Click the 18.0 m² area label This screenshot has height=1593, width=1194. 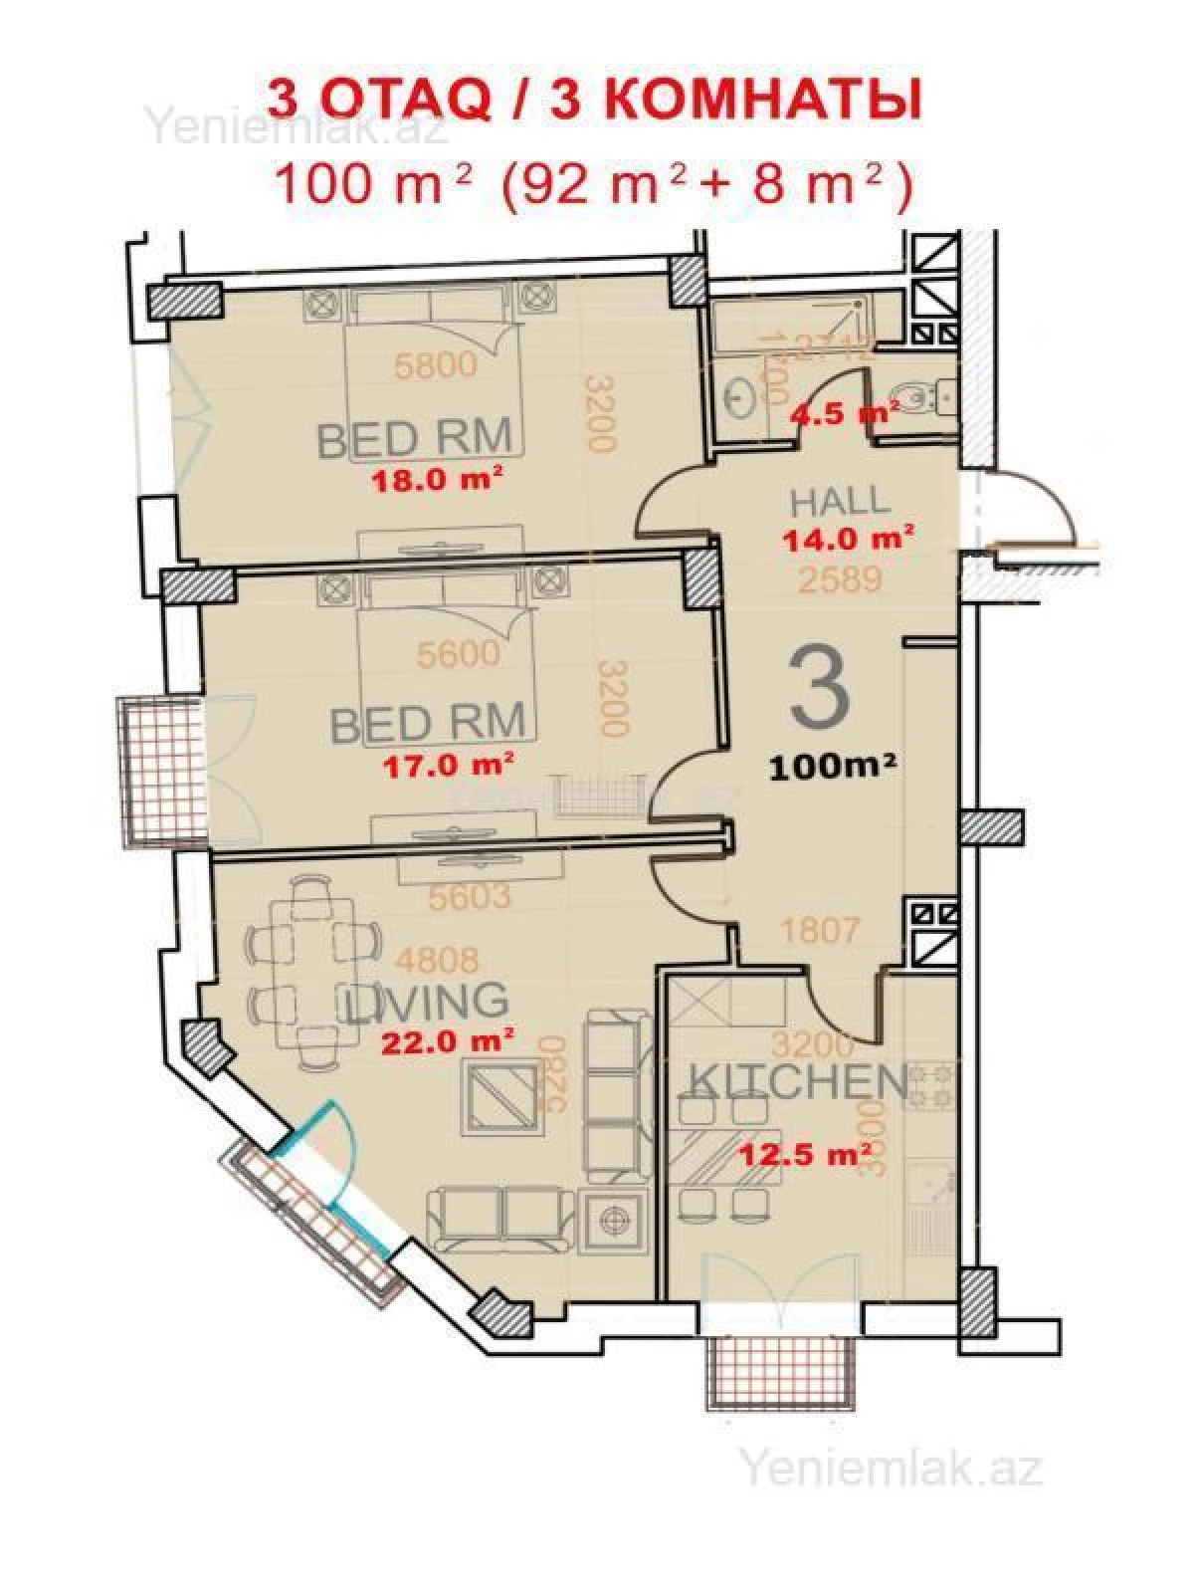click(x=435, y=481)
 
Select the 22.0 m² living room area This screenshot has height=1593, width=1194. click(x=448, y=1041)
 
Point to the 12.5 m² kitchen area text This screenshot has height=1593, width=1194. click(x=809, y=1155)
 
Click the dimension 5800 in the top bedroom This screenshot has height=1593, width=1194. click(x=435, y=365)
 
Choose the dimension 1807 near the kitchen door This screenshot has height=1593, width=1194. click(x=818, y=931)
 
